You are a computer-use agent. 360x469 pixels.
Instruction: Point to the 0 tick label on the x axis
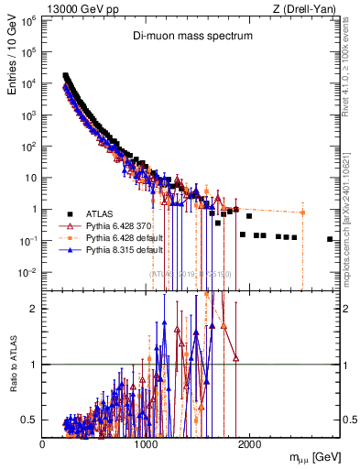[43, 443]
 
